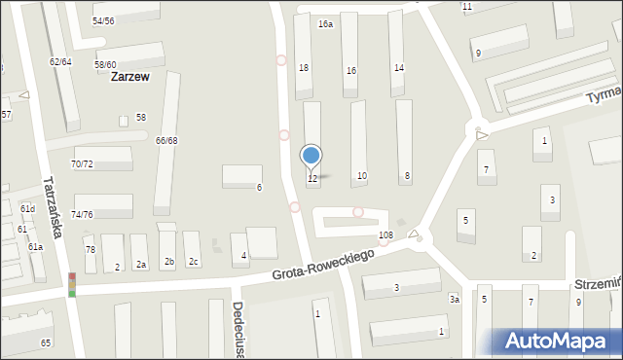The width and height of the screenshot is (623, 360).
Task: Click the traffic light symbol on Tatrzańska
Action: coord(71,284)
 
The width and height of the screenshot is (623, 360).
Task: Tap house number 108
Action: coord(385,235)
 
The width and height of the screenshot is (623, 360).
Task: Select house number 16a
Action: coord(325,24)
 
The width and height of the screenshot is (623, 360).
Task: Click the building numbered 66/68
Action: coord(166,141)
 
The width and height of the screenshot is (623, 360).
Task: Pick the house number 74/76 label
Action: coord(83,214)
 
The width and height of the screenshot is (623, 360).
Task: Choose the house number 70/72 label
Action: coord(83,163)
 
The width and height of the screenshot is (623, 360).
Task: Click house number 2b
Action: coord(168,261)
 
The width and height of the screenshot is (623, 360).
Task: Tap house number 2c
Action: coord(193,261)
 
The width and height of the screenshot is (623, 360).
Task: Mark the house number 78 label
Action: coord(91,250)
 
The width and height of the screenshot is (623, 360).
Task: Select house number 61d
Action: coord(27,209)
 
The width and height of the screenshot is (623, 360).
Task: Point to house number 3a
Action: coord(454,300)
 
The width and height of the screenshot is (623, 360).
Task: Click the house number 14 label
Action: coord(399,67)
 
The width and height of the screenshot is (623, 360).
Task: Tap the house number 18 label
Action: coord(303,67)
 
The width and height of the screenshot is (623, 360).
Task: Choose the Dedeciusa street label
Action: coord(237,326)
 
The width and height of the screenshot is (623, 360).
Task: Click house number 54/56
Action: coord(103,20)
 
